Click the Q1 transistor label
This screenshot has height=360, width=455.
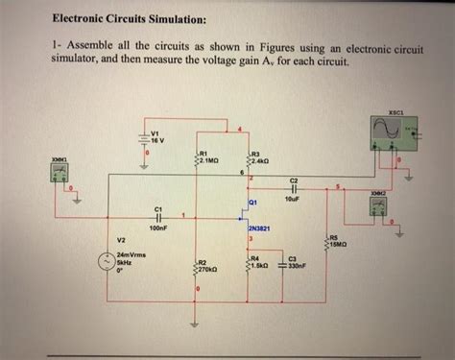[253, 203]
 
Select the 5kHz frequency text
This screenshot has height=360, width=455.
[124, 262]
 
